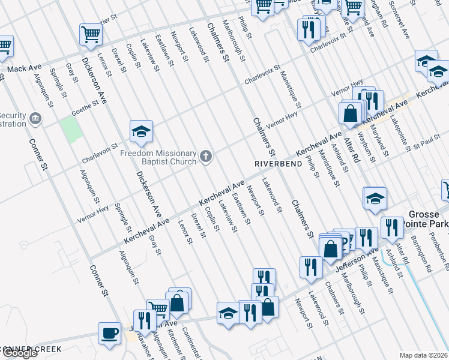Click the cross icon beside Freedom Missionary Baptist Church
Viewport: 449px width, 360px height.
pos(206,157)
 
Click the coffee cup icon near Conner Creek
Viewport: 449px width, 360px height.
pos(110,334)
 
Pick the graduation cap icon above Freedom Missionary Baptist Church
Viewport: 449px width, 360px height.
pos(141,131)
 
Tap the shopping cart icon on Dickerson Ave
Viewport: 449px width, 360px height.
pos(91,34)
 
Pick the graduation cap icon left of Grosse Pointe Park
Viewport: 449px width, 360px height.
pos(374,198)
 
